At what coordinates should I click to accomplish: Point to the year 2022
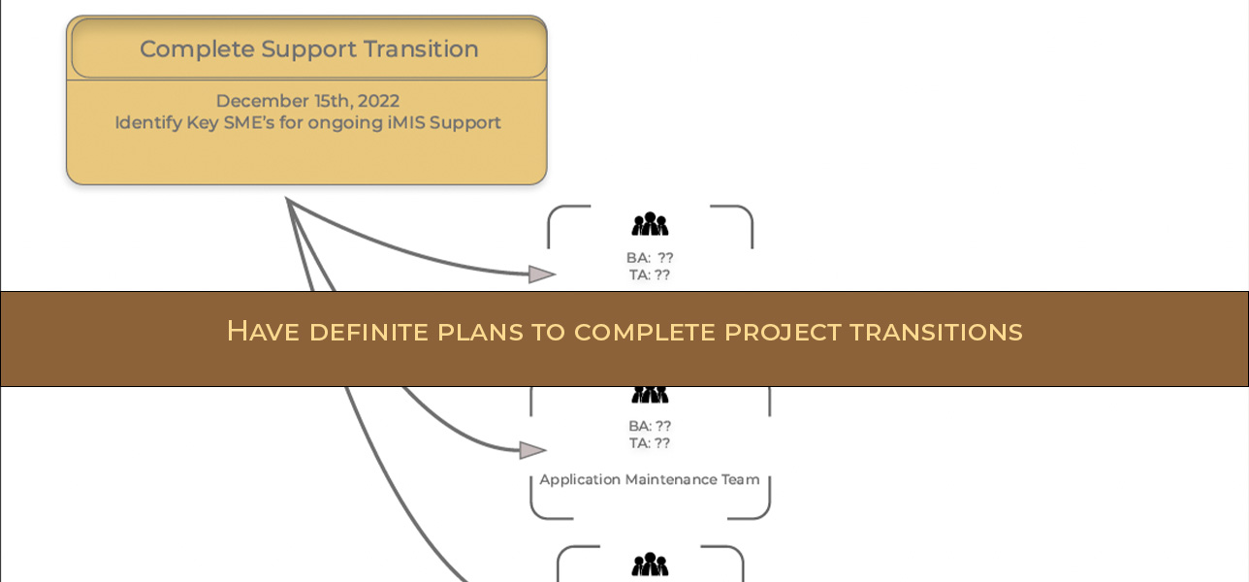378,101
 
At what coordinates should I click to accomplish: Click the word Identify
145,123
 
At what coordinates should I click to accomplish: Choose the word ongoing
338,123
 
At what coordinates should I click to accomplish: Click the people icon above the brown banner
650,225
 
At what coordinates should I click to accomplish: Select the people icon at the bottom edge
650,565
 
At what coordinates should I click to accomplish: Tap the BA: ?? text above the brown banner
650,258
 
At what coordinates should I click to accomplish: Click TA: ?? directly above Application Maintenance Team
650,443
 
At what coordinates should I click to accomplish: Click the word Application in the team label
580,479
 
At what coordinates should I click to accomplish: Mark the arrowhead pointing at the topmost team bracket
541,275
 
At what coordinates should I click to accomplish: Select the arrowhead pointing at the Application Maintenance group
532,450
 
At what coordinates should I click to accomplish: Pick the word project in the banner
783,332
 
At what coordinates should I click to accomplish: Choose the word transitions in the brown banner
936,332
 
